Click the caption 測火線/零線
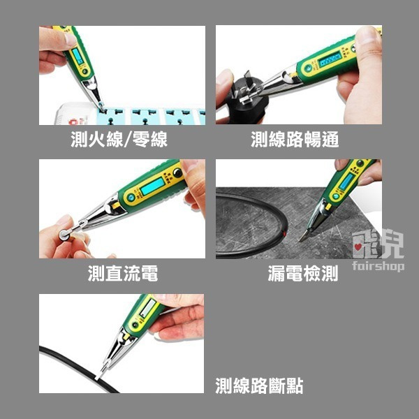tap(119, 140)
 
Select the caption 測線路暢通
tap(295, 140)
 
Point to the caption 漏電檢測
tap(302, 274)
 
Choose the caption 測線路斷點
tap(259, 385)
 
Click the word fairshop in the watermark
tap(377, 266)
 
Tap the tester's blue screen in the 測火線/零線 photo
tap(76, 55)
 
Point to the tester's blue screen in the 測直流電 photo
tap(152, 187)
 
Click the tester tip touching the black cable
tap(100, 376)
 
